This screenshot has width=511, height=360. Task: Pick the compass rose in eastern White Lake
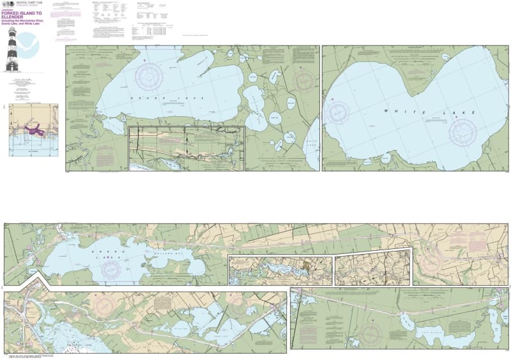(462, 132)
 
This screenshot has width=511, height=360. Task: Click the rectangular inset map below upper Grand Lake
(187, 148)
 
